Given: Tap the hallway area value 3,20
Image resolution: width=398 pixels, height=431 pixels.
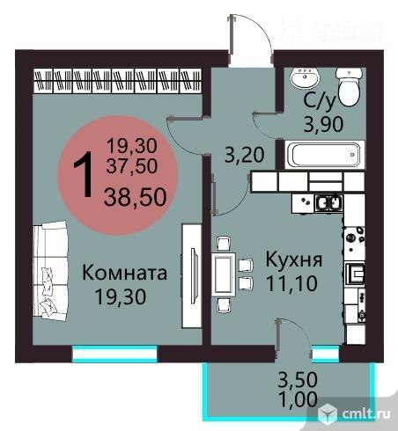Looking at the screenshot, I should [x=243, y=157].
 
